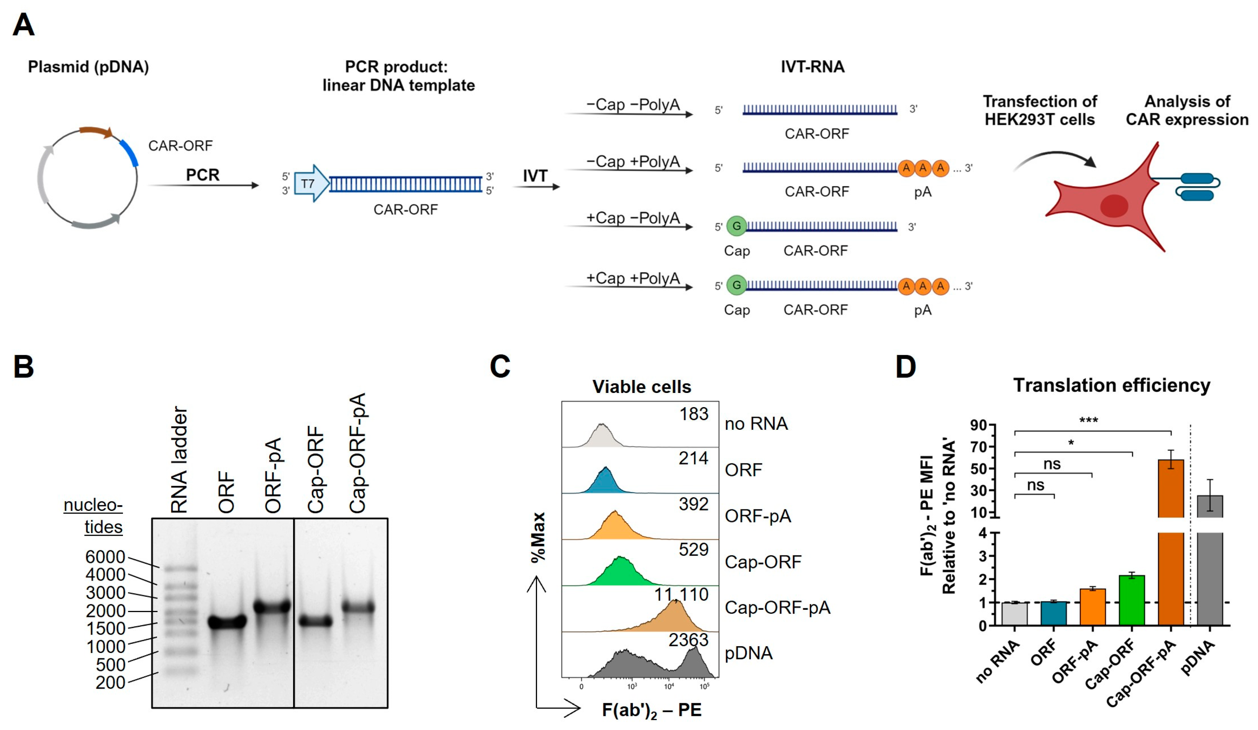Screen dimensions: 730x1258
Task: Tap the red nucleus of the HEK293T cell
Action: tap(1114, 206)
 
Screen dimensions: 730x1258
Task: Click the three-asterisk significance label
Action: tap(1088, 421)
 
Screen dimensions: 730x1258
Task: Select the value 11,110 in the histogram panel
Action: tap(681, 594)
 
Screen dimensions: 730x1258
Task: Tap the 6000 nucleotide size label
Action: tap(105, 557)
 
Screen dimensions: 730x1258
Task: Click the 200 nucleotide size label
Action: tap(110, 682)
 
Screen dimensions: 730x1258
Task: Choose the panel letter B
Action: tap(23, 367)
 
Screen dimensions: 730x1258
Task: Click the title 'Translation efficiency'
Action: tap(1111, 385)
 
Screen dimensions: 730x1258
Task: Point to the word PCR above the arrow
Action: tap(203, 175)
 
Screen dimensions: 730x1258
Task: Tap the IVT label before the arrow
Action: tap(535, 176)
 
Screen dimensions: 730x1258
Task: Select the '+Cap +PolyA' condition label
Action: tap(632, 278)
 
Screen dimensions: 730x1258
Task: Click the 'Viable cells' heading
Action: tap(642, 387)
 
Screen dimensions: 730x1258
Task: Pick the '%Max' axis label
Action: tap(538, 537)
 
